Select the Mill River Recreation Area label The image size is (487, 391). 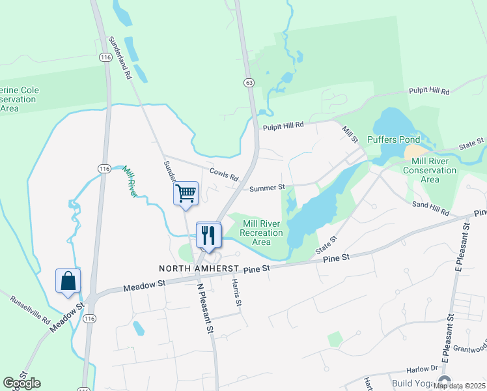pos(262,233)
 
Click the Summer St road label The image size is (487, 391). pos(268,188)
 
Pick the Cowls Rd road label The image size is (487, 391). pos(224,174)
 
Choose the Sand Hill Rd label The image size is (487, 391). pos(431,208)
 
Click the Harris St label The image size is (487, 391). pos(238,294)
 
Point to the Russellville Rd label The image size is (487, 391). pos(31,310)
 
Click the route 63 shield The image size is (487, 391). pos(249,83)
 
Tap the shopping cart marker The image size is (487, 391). pos(186,193)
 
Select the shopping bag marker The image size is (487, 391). pos(68,282)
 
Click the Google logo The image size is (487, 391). pos(21,383)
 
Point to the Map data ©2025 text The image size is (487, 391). pos(459,386)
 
